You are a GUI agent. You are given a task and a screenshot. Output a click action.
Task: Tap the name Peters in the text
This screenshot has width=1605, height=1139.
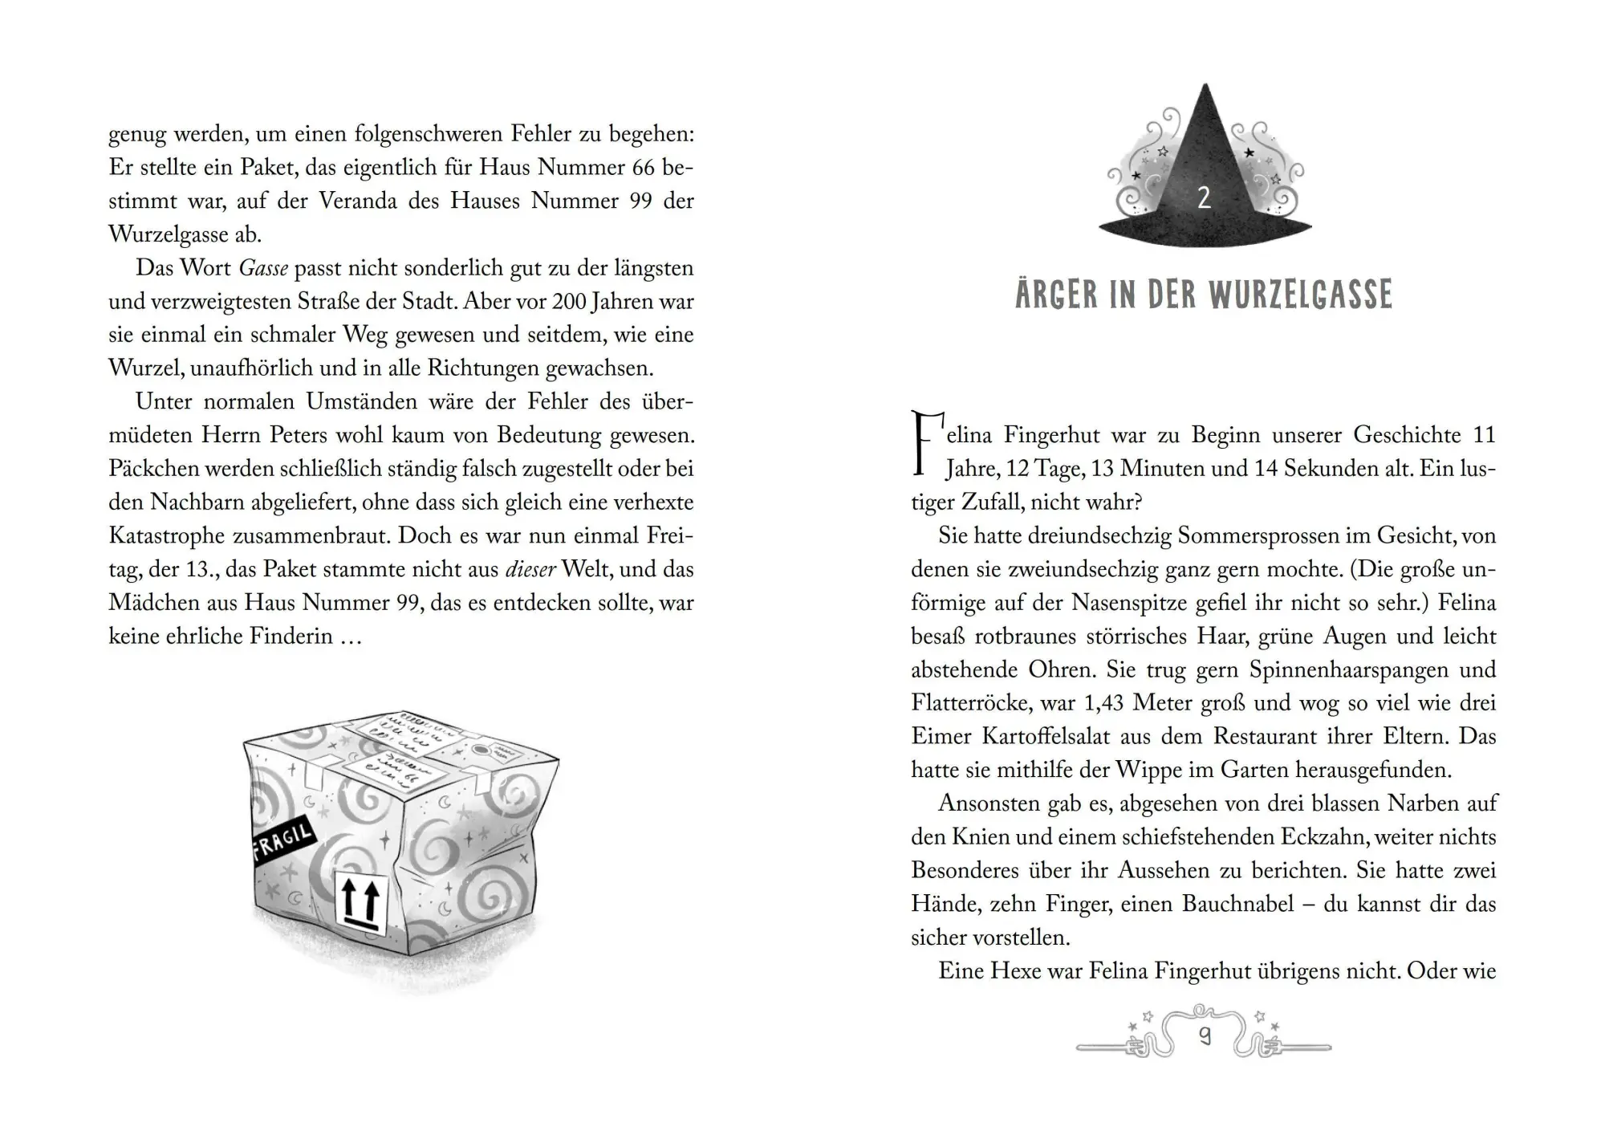[x=288, y=436]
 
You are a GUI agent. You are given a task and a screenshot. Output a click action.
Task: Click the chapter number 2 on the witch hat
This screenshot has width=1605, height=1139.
[x=1204, y=198]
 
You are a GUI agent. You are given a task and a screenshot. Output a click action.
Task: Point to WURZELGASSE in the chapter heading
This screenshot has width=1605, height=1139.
[x=1300, y=295]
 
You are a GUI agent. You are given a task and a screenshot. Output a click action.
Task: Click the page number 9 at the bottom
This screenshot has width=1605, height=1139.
[x=1204, y=1037]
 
